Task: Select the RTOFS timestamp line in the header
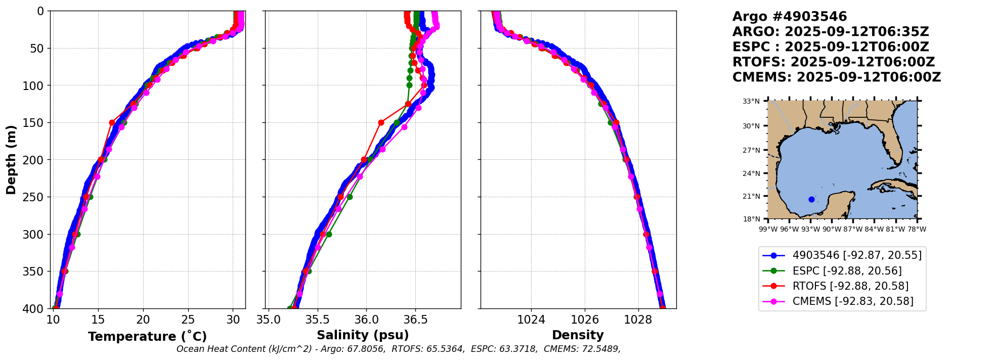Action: [x=833, y=62]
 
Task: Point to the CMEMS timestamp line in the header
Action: [x=836, y=77]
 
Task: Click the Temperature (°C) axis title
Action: [x=147, y=337]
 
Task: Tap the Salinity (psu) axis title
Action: [x=363, y=335]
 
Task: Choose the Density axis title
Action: [x=578, y=335]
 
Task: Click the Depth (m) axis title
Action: [x=11, y=159]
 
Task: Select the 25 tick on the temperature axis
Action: [x=188, y=320]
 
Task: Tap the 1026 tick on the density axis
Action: [x=585, y=320]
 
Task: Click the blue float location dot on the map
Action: [x=811, y=199]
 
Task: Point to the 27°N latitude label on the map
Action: [x=751, y=150]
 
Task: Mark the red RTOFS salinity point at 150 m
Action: [x=381, y=122]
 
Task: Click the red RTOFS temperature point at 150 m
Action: [x=112, y=122]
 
